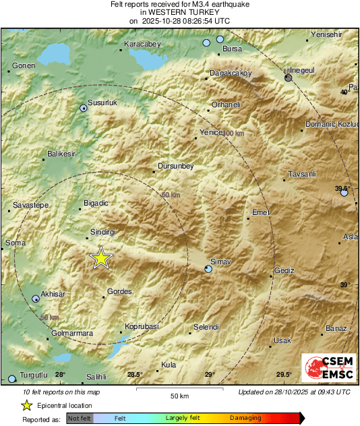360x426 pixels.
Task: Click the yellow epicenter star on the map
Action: (101, 257)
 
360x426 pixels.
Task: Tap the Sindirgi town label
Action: (104, 232)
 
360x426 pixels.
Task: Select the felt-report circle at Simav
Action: (208, 270)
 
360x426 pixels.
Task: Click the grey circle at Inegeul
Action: (289, 78)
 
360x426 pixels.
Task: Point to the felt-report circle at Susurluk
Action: (84, 108)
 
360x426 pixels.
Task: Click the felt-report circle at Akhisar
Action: (36, 298)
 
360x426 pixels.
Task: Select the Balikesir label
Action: (61, 154)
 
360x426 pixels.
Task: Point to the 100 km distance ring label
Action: (232, 133)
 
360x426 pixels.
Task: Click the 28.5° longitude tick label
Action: (135, 375)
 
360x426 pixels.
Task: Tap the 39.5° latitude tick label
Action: (343, 188)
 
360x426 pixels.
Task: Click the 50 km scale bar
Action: (178, 390)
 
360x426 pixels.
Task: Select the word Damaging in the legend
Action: (245, 419)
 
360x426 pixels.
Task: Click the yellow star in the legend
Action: (26, 405)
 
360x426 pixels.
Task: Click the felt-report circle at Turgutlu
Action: (11, 379)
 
